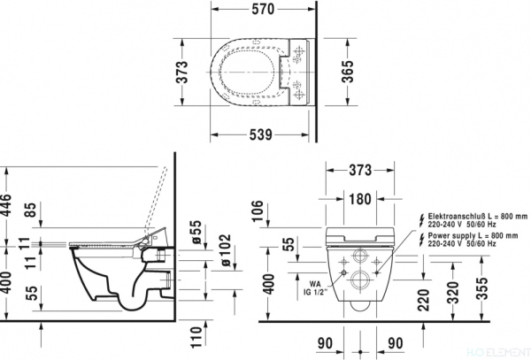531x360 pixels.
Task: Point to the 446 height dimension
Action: [8, 206]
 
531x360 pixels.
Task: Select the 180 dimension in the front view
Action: [358, 199]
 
